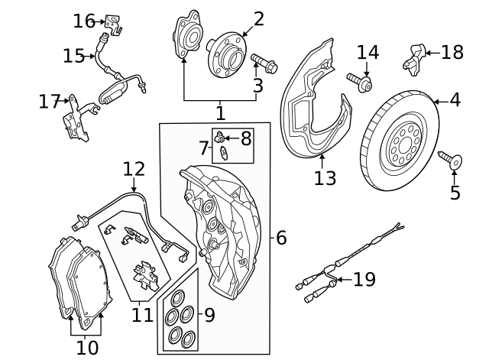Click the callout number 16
(83, 21)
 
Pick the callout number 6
(280, 238)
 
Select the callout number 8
(245, 138)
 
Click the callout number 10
(87, 348)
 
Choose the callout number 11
(142, 313)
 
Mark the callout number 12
(134, 169)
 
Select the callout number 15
(73, 56)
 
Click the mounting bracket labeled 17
(77, 118)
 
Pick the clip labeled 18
(414, 55)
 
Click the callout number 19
(364, 280)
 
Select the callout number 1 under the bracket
(220, 113)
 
